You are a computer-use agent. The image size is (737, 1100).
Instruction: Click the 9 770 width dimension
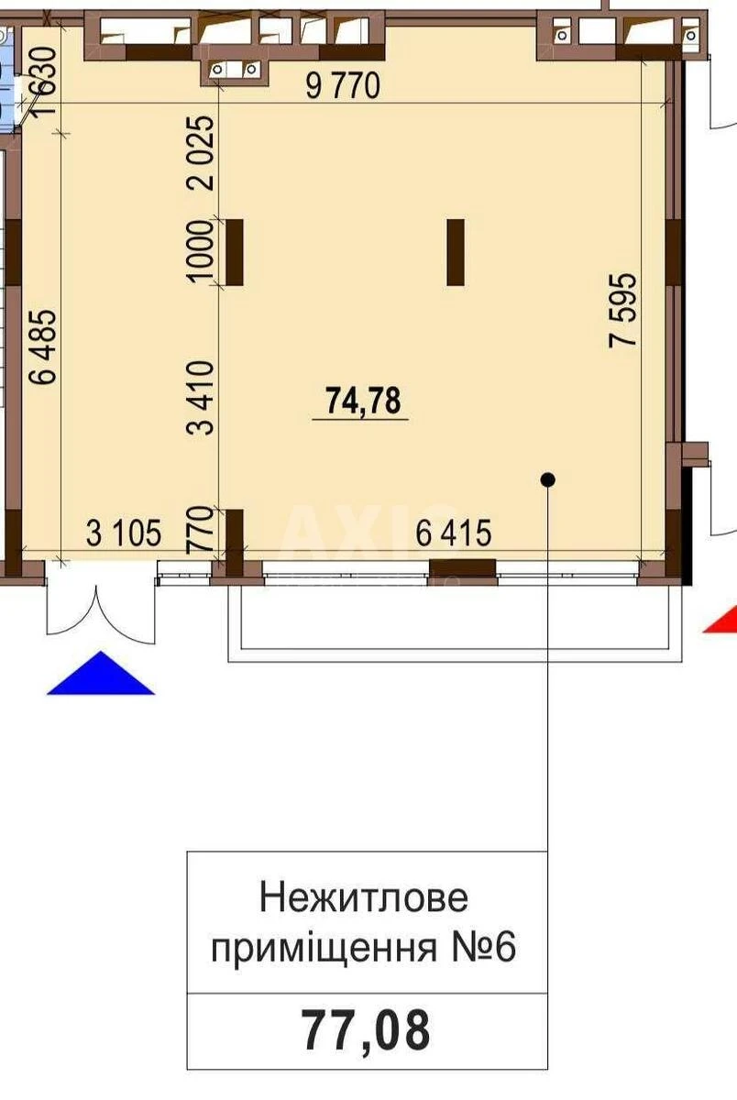pyautogui.click(x=342, y=87)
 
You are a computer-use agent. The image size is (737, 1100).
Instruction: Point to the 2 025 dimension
pyautogui.click(x=203, y=151)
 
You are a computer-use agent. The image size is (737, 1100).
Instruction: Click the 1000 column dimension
pyautogui.click(x=203, y=252)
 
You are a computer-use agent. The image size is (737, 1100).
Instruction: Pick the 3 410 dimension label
pyautogui.click(x=203, y=396)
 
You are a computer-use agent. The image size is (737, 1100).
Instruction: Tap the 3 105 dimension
pyautogui.click(x=124, y=533)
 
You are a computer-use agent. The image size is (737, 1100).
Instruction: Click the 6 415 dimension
pyautogui.click(x=454, y=533)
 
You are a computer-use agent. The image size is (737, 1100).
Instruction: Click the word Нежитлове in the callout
pyautogui.click(x=364, y=897)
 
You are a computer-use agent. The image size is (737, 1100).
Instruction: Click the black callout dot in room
pyautogui.click(x=548, y=478)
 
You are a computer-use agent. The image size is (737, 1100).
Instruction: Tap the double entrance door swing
pyautogui.click(x=96, y=609)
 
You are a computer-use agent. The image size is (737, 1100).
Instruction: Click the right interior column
pyautogui.click(x=456, y=252)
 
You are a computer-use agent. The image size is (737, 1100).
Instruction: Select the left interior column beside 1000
pyautogui.click(x=235, y=252)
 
